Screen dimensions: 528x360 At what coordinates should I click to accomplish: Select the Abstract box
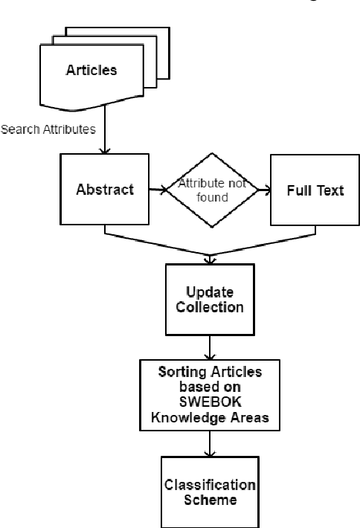(105, 190)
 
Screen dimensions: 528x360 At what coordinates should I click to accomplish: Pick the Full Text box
(315, 190)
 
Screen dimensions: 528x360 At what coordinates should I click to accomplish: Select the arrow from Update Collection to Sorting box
(212, 345)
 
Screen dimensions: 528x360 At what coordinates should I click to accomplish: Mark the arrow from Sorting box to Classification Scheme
(212, 442)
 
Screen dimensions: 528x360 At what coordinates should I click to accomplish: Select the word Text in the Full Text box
(331, 190)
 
